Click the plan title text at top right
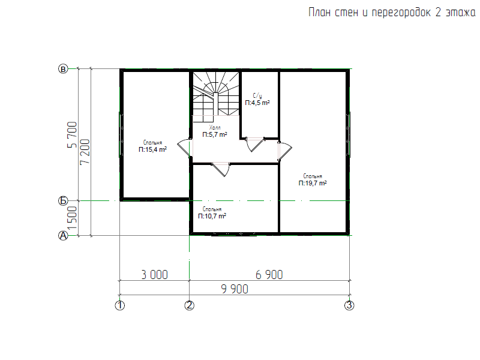click(x=392, y=13)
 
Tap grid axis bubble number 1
click(x=119, y=305)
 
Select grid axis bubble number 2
click(x=189, y=305)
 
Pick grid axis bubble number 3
click(x=349, y=305)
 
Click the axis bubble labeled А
click(x=63, y=236)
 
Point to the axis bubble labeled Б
click(x=63, y=201)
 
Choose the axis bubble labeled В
click(x=63, y=69)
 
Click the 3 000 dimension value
click(x=155, y=275)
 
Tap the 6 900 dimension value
click(x=269, y=275)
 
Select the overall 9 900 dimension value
click(x=235, y=289)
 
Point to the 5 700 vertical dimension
click(x=72, y=134)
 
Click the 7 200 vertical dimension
click(x=85, y=152)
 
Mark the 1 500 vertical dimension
click(x=72, y=218)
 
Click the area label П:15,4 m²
click(x=152, y=149)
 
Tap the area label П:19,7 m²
click(x=313, y=183)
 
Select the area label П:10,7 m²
click(x=212, y=216)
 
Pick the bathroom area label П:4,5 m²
click(x=257, y=103)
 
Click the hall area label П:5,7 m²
click(x=215, y=134)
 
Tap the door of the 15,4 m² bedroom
click(x=184, y=148)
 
